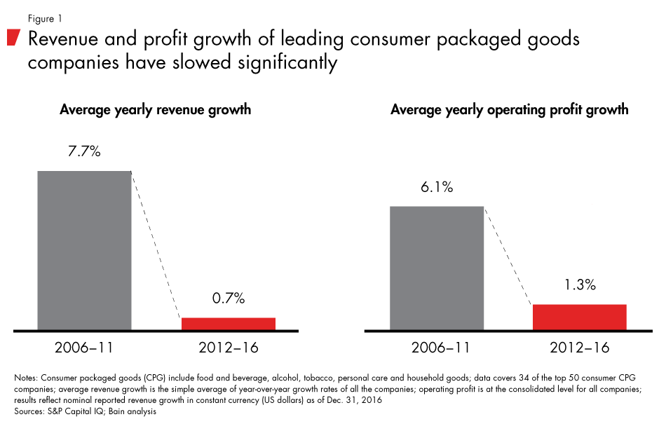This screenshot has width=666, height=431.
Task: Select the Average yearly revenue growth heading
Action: point(155,110)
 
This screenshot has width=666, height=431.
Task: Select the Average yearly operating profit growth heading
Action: point(509,110)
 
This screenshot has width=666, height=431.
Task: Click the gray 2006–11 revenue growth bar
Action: point(84,249)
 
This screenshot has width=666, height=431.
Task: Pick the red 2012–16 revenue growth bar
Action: point(229,323)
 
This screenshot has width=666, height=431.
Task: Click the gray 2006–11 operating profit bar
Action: point(437,267)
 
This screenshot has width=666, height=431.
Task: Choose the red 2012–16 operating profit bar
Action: point(579,317)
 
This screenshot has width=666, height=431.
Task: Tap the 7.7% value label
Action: point(85,151)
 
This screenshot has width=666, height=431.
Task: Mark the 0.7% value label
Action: point(228,299)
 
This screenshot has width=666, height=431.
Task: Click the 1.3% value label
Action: point(579,285)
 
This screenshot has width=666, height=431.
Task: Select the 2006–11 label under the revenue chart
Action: point(85,348)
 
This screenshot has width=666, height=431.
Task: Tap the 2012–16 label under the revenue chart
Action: point(228,348)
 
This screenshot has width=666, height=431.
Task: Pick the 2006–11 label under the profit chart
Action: point(437,348)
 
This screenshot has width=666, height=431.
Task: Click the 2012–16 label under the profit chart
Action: point(579,348)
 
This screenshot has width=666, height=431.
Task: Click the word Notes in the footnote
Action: point(26,378)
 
